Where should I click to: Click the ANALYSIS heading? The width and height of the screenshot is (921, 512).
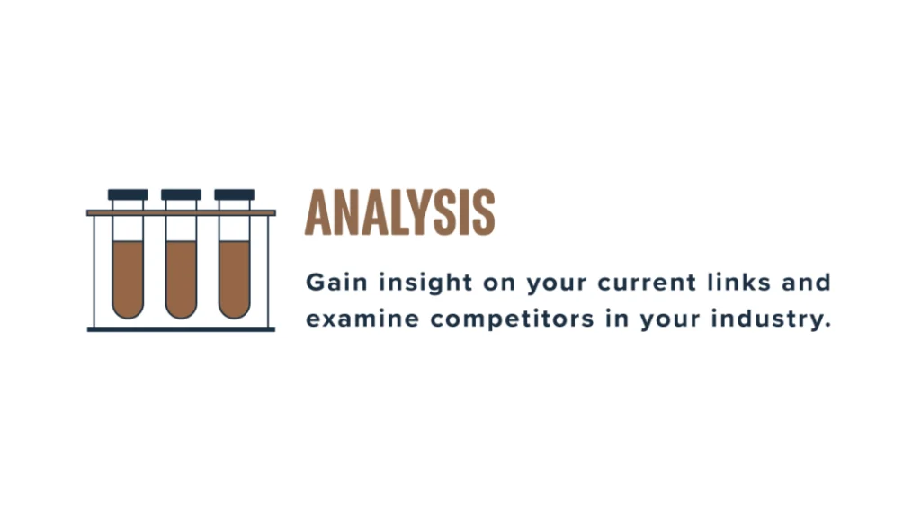click(399, 212)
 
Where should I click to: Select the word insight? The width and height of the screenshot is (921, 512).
click(425, 283)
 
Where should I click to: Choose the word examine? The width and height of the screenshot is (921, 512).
click(362, 319)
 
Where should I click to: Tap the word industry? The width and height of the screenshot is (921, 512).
click(771, 320)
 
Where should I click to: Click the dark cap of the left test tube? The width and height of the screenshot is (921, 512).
click(128, 194)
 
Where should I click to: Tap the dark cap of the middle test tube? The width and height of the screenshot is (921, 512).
click(181, 194)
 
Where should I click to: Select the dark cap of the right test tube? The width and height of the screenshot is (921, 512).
click(235, 194)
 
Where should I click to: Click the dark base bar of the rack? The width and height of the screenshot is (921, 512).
click(181, 329)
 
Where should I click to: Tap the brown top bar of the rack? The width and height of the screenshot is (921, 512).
click(181, 212)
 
